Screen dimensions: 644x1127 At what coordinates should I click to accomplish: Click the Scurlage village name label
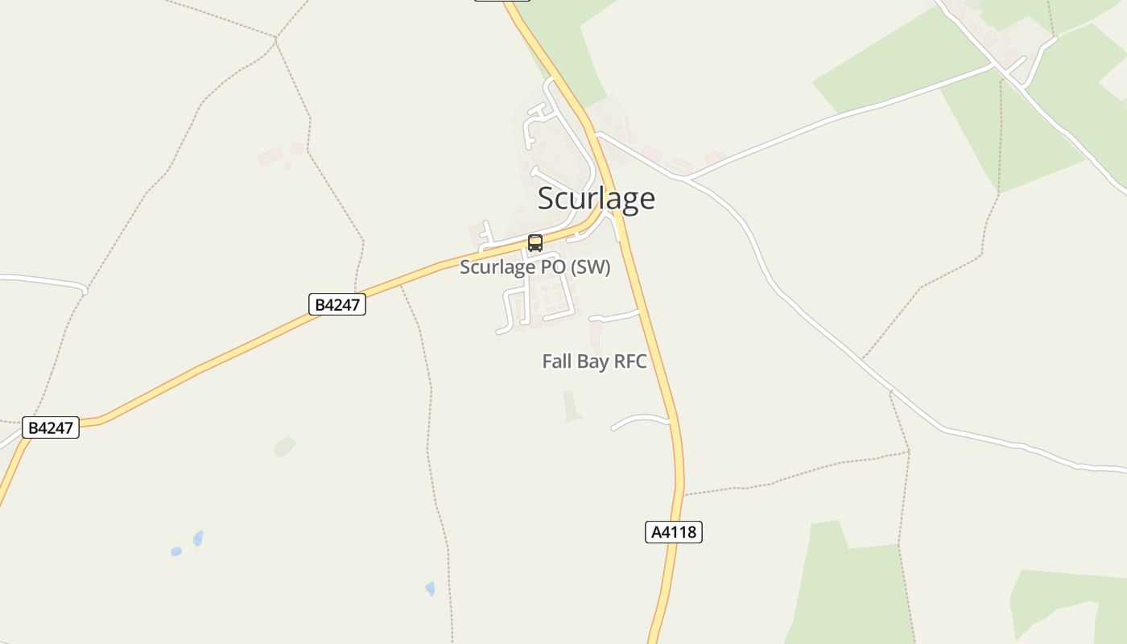click(596, 198)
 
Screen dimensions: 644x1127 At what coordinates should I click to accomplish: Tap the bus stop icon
click(535, 242)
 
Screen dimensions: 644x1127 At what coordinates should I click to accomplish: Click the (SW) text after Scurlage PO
click(590, 267)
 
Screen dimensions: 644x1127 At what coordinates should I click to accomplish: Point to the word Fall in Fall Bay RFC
click(557, 361)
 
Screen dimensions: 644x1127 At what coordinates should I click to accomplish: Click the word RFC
click(630, 361)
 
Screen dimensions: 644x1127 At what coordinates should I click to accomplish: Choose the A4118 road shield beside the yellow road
click(674, 532)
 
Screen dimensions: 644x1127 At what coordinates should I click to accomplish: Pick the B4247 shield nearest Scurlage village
click(337, 304)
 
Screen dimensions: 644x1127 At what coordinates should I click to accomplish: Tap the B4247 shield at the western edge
click(51, 427)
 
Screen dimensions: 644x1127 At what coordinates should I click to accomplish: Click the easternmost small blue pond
click(430, 588)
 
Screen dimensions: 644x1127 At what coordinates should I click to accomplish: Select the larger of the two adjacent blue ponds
click(198, 538)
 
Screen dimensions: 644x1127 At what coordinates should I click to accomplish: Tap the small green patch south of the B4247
click(283, 446)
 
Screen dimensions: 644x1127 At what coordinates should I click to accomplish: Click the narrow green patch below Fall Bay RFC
click(572, 407)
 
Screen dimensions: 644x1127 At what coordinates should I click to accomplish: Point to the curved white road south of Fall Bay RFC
click(640, 419)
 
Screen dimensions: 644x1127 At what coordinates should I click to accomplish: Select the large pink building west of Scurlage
click(270, 155)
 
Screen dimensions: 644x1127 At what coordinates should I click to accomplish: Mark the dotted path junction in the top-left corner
click(276, 37)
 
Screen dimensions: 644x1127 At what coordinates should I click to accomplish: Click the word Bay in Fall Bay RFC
click(594, 361)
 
